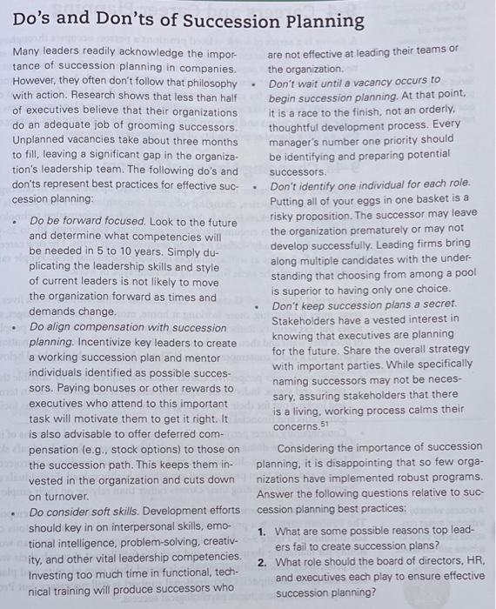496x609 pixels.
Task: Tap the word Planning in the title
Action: point(321,21)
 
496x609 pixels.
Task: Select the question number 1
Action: point(262,531)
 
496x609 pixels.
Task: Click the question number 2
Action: point(262,561)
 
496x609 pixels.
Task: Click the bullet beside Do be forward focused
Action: point(16,221)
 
